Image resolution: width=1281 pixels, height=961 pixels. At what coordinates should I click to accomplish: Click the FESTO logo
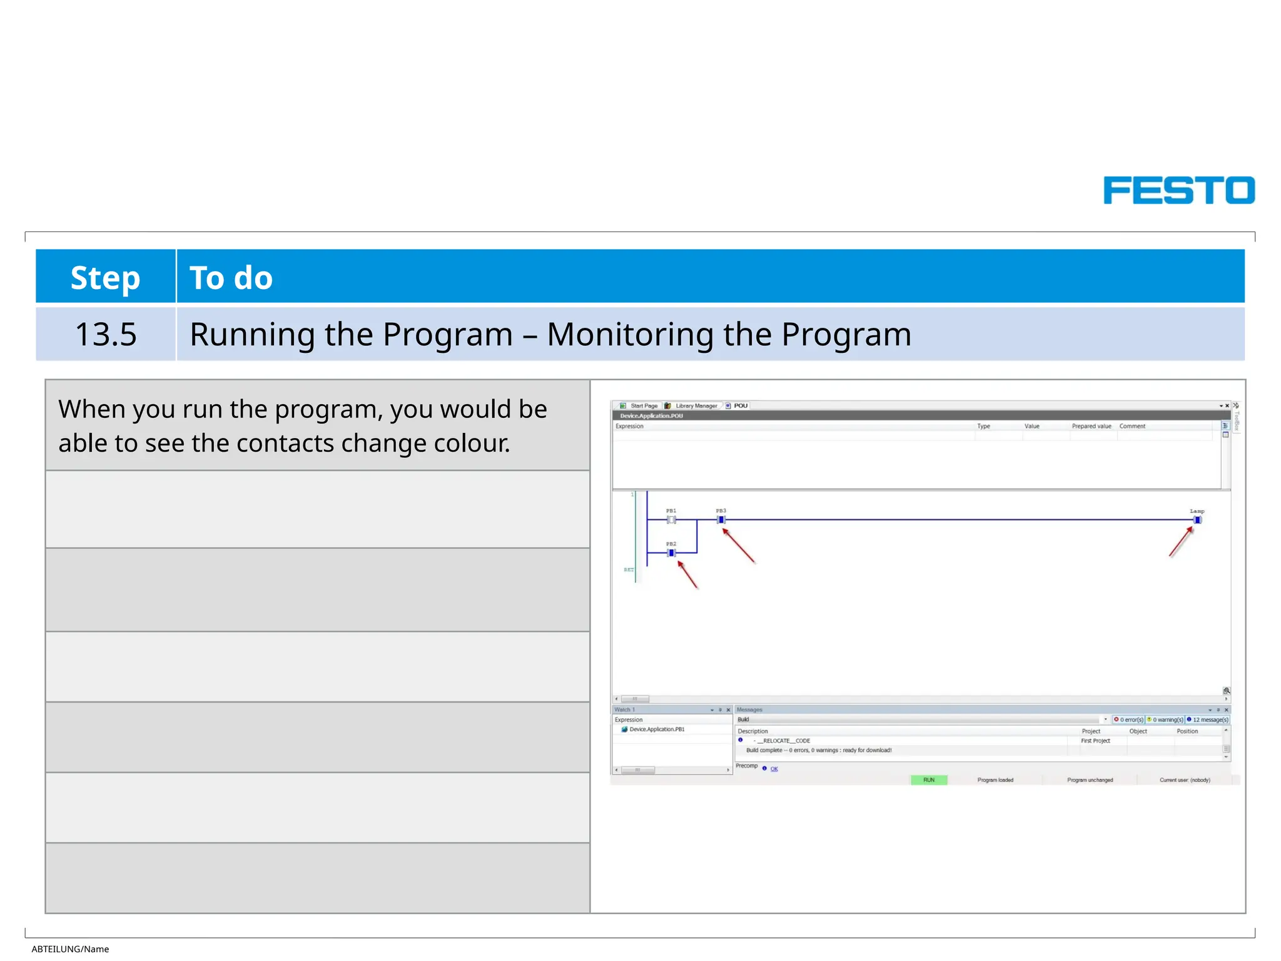tap(1178, 190)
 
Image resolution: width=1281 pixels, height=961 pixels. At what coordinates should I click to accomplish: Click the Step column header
tap(105, 277)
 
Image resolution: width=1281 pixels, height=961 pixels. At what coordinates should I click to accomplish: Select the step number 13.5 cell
tap(106, 334)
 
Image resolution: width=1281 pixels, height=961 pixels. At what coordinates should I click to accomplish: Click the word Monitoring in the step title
tap(630, 334)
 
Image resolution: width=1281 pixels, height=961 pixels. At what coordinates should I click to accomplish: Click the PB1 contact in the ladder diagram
tap(671, 520)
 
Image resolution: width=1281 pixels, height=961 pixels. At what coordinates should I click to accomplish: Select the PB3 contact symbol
tap(721, 520)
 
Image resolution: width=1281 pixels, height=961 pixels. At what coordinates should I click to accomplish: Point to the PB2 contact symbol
tap(671, 553)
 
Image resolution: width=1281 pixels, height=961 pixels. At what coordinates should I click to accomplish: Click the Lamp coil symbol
tap(1197, 520)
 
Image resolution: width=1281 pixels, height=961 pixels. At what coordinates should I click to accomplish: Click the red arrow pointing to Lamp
tap(1181, 542)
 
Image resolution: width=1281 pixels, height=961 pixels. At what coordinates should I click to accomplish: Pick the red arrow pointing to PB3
tap(739, 546)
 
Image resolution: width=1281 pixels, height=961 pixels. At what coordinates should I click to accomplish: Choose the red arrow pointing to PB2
tap(687, 574)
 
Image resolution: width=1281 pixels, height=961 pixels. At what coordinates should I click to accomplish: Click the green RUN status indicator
tap(929, 780)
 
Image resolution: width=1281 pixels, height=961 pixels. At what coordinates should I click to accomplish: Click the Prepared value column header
tap(1091, 426)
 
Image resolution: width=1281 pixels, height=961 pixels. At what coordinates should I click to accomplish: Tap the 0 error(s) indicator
tap(1128, 719)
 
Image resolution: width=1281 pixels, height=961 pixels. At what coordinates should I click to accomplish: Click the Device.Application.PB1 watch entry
tap(656, 730)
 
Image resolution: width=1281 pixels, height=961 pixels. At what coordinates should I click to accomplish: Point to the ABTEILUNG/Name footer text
tap(70, 949)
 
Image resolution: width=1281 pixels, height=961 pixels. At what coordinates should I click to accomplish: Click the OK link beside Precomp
tap(774, 769)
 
